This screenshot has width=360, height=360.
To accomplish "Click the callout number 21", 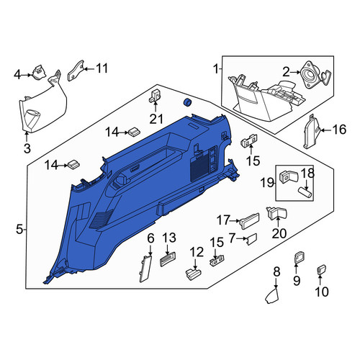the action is point(156,119).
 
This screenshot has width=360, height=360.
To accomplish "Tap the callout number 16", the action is point(339,130).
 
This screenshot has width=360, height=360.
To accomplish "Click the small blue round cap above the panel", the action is point(187,102).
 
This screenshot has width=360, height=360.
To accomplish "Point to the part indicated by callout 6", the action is point(145,268).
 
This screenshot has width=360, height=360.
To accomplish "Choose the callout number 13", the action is point(169,238).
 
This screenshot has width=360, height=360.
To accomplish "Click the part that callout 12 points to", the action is point(194,274).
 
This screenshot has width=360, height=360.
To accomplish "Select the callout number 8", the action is point(276,272).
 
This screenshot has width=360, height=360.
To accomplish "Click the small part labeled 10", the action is point(322,269).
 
